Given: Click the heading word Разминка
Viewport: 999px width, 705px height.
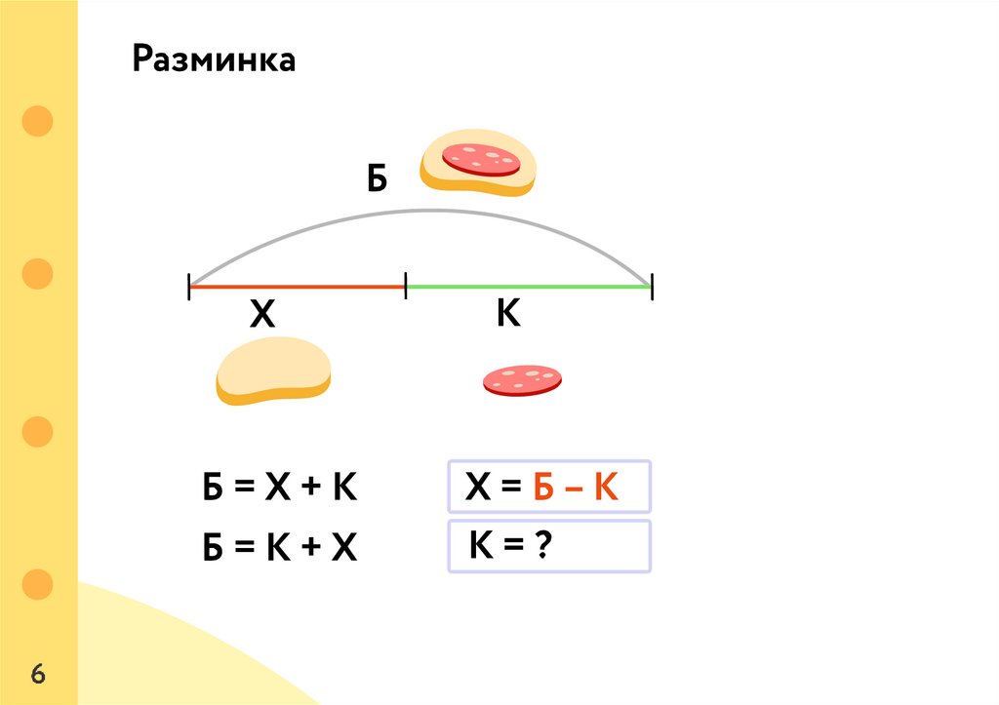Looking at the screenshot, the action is pyautogui.click(x=215, y=60).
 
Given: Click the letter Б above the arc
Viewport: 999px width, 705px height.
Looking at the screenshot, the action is pyautogui.click(x=378, y=179).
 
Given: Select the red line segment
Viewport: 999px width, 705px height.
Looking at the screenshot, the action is pyautogui.click(x=297, y=287).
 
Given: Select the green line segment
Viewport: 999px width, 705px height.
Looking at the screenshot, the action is pyautogui.click(x=527, y=287).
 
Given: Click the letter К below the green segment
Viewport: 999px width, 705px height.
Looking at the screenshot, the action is pyautogui.click(x=508, y=314).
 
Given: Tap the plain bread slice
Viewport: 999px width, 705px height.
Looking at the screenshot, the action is pyautogui.click(x=273, y=371).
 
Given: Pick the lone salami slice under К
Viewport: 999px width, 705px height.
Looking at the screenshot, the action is pyautogui.click(x=522, y=380).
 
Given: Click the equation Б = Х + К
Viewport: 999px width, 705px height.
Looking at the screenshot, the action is pyautogui.click(x=280, y=488).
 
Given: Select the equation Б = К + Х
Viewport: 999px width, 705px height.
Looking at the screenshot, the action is pyautogui.click(x=280, y=549).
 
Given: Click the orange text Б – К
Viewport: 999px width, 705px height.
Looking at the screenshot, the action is pyautogui.click(x=576, y=487).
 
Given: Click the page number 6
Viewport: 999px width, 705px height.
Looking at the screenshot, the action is pyautogui.click(x=39, y=674).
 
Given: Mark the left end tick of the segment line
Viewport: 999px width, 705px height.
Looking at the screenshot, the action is pyautogui.click(x=189, y=287).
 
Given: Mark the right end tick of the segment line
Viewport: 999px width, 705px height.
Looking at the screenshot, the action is pyautogui.click(x=651, y=287).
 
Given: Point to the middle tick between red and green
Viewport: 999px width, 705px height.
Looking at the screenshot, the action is pyautogui.click(x=405, y=287).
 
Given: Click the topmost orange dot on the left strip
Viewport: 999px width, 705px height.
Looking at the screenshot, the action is pyautogui.click(x=37, y=122).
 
